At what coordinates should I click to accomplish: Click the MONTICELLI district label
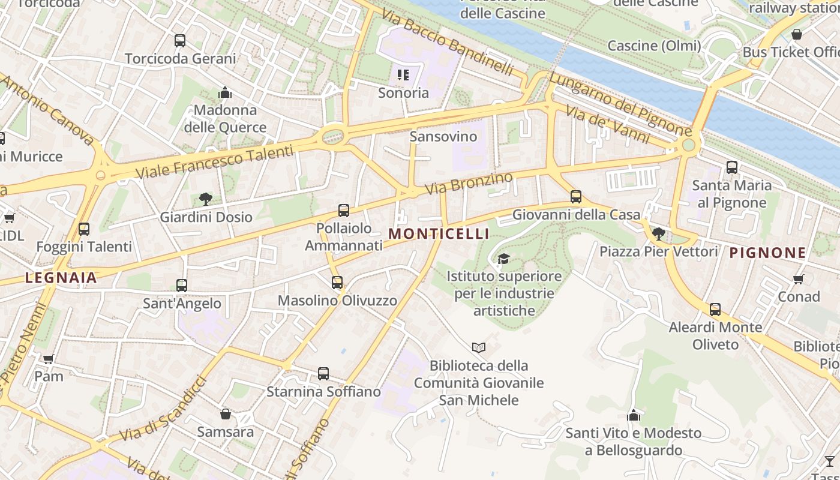(439, 234)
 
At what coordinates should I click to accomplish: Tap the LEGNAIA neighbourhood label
(61, 277)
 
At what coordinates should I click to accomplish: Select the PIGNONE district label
(767, 253)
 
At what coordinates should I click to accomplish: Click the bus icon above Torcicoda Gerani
(180, 41)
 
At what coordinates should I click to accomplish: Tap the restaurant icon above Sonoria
(403, 75)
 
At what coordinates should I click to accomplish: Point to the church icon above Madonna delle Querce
(225, 92)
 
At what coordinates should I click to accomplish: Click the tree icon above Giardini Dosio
(205, 199)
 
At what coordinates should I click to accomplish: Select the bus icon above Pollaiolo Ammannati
(343, 211)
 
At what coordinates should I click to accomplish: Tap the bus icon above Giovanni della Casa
(576, 197)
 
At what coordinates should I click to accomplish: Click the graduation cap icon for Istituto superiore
(503, 259)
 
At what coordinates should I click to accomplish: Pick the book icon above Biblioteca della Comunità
(478, 347)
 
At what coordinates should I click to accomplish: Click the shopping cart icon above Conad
(799, 279)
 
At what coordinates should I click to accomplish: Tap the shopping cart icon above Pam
(49, 359)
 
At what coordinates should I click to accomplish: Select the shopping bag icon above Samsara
(226, 414)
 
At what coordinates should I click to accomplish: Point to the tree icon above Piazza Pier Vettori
(658, 233)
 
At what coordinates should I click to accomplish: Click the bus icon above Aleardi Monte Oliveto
(715, 310)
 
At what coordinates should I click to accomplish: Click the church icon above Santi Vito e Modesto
(633, 415)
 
